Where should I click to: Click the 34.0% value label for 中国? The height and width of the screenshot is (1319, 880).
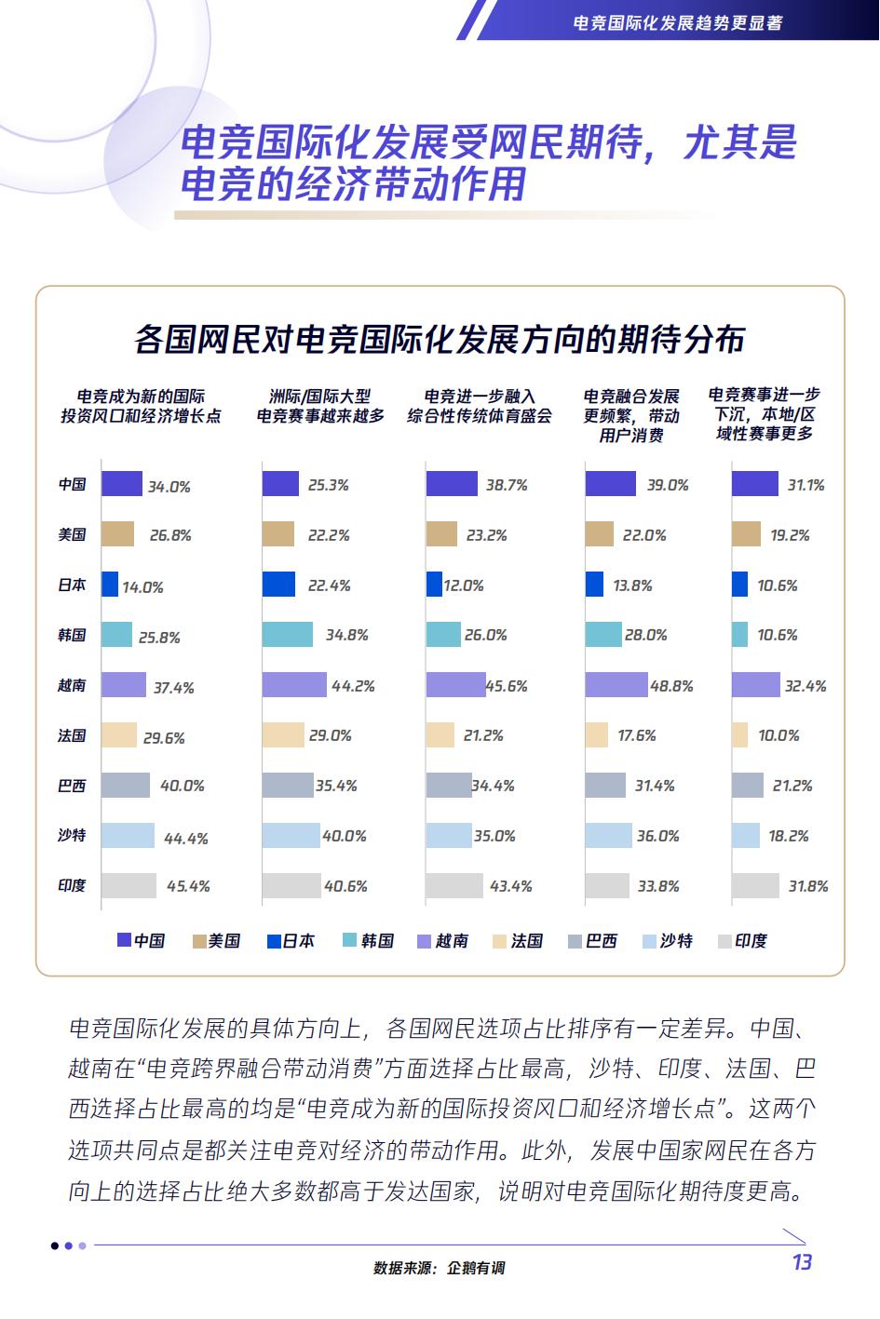169,486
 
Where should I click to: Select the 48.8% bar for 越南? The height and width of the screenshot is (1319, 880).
616,685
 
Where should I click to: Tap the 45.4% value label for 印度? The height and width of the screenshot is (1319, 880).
188,886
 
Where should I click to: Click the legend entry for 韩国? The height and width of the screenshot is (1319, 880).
368,941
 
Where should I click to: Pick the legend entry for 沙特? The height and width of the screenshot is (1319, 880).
667,941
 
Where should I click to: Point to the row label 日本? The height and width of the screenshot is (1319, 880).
72,585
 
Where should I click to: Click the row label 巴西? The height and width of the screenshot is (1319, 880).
72,786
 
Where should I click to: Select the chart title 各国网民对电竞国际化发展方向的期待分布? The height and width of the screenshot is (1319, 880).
440,340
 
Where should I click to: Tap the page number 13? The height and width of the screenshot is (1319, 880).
801,1262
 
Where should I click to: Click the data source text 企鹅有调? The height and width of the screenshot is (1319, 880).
475,1268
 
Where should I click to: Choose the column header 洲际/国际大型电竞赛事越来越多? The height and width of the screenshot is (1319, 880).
320,407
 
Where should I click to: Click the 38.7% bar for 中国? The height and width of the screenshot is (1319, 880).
452,484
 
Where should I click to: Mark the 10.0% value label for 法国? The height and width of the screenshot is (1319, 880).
778,735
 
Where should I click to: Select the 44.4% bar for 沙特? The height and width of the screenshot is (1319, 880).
128,836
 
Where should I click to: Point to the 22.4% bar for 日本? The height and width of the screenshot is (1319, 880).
278,585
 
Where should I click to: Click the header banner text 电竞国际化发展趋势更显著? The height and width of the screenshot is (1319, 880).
677,23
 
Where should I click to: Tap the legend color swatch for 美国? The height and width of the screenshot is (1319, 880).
198,941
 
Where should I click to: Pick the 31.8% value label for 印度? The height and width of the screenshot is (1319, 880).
807,886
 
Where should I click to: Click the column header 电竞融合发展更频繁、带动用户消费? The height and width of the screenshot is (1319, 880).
631,416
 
